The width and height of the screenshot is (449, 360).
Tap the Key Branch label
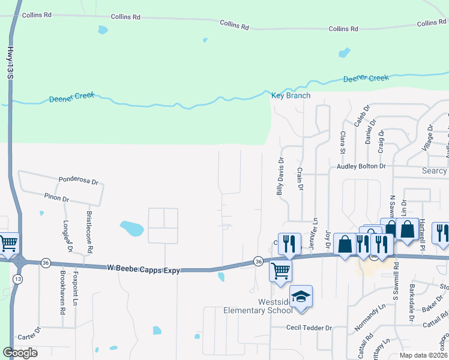[x=291, y=95]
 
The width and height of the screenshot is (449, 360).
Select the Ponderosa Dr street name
[x=78, y=179]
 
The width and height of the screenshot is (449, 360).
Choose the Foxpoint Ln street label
[x=76, y=290]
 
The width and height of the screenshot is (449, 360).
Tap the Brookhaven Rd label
[x=62, y=292]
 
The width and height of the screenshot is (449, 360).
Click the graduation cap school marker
[x=301, y=296]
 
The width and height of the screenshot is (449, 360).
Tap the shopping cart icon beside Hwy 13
[x=8, y=244]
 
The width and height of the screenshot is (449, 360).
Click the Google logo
[x=20, y=352]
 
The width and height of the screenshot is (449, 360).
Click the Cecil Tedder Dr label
[x=309, y=328]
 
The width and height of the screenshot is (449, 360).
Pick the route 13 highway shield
[x=18, y=279]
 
